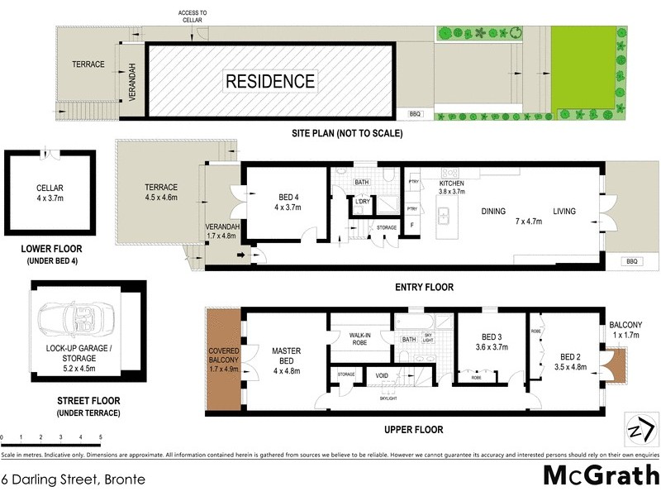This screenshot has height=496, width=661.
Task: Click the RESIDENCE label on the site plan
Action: coord(270,81)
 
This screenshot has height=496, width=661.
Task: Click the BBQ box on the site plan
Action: coord(415,113)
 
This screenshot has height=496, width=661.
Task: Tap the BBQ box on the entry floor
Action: coord(633,260)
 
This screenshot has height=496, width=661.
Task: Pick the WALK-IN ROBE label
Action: coord(359,337)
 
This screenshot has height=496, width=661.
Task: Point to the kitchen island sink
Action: coord(444,217)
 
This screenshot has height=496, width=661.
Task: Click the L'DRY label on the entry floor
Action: coord(362,202)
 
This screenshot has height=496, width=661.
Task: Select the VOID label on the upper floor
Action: coord(383,376)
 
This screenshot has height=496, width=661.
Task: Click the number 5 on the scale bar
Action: coord(101,437)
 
